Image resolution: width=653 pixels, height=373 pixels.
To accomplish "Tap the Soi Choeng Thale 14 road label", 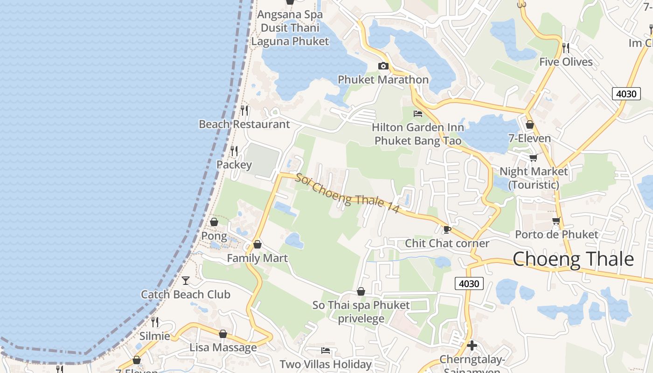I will tap(347, 193).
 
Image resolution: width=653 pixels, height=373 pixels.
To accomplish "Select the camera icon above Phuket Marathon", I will tap(383, 66).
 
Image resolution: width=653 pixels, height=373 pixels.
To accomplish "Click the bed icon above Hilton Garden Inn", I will tap(418, 113).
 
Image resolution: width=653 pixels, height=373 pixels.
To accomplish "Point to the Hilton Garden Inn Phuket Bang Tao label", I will tap(418, 134).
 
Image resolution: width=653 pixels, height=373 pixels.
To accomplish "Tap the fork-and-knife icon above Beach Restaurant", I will tap(244, 111).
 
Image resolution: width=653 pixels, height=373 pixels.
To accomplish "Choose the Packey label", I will tap(234, 165).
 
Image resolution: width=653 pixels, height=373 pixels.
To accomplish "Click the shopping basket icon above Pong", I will tap(214, 222).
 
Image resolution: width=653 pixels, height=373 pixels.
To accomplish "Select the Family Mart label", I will tap(257, 258).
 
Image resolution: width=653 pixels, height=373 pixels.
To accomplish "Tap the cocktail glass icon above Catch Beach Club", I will tap(186, 280).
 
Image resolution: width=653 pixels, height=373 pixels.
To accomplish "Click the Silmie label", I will tap(155, 336).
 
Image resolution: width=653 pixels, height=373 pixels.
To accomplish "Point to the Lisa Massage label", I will tap(223, 347).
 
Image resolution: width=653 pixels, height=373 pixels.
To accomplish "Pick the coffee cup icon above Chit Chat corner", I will tap(447, 229).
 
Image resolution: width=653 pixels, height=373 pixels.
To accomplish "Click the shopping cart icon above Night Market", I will tap(533, 158).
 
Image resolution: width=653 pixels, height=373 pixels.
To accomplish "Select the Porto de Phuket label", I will tap(556, 234).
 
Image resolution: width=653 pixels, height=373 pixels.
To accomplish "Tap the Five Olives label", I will tap(566, 62).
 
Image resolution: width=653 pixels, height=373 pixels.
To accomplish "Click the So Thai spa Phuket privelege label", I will tap(361, 312).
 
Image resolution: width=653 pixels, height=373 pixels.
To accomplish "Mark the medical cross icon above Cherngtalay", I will tap(472, 345).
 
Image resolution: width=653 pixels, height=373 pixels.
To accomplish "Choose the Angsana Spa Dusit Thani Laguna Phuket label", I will tap(290, 28).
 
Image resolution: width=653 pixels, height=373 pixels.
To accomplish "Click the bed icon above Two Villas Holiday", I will tap(326, 350).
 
